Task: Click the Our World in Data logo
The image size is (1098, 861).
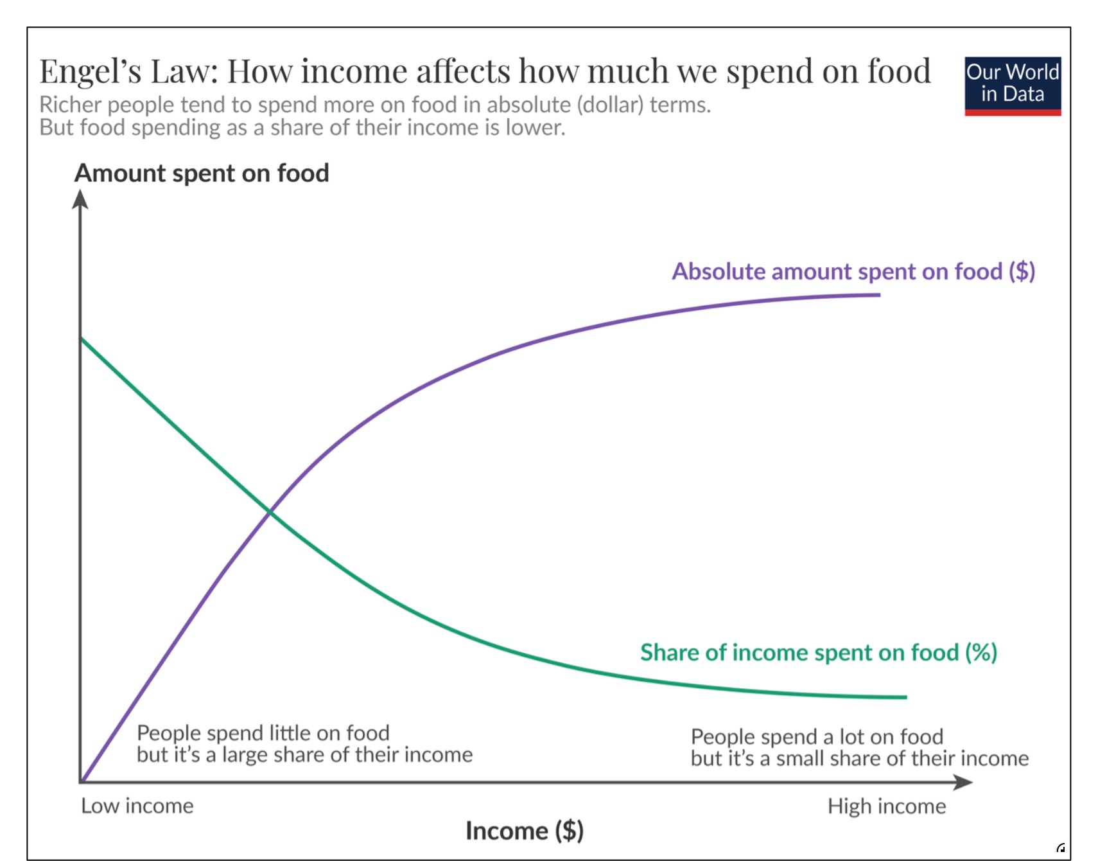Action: pyautogui.click(x=1012, y=85)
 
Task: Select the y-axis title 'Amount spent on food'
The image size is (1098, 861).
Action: pyautogui.click(x=202, y=173)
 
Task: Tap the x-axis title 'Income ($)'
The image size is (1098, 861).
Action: pyautogui.click(x=524, y=831)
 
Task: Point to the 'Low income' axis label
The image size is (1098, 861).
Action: pyautogui.click(x=137, y=806)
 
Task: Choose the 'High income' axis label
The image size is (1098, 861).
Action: pyautogui.click(x=886, y=806)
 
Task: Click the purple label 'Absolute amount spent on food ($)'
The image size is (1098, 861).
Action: pyautogui.click(x=853, y=271)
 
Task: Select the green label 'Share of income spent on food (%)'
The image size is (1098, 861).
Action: pyautogui.click(x=818, y=652)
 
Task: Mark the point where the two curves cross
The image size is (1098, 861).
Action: pyautogui.click(x=270, y=511)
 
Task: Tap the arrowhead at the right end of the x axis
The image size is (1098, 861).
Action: pyautogui.click(x=964, y=782)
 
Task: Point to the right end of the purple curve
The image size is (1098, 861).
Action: pyautogui.click(x=879, y=295)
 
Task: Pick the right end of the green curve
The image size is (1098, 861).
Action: pyautogui.click(x=905, y=697)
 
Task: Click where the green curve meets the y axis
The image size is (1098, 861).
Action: pyautogui.click(x=81, y=338)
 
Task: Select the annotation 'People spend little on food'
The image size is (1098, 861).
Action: pyautogui.click(x=263, y=733)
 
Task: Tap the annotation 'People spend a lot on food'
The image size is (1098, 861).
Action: pyautogui.click(x=817, y=736)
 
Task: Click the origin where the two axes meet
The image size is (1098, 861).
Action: pyautogui.click(x=81, y=782)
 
